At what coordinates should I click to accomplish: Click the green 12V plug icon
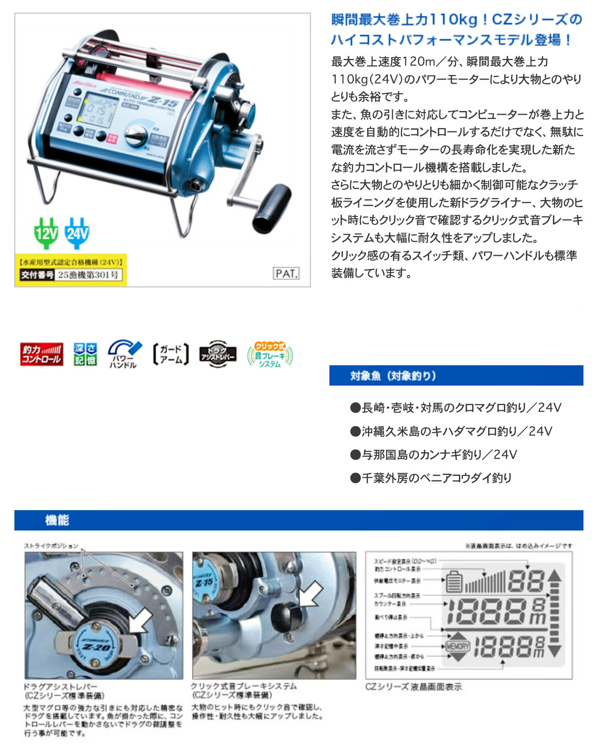[46, 233]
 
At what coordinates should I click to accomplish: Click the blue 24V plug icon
[77, 233]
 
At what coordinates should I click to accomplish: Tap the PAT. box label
[286, 273]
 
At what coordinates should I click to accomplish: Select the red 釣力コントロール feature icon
[41, 354]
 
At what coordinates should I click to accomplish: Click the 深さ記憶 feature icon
[86, 354]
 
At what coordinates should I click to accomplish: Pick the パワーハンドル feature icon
[124, 354]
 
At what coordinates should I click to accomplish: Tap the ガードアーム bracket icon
[171, 354]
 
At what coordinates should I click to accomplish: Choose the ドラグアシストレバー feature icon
[218, 354]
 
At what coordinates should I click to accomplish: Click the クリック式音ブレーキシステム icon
[270, 354]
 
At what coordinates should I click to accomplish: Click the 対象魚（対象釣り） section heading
[393, 376]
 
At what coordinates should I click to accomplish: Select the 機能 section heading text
[57, 520]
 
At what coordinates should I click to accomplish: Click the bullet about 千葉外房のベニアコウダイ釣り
[431, 478]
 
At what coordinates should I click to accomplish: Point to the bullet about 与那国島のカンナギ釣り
[434, 455]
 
